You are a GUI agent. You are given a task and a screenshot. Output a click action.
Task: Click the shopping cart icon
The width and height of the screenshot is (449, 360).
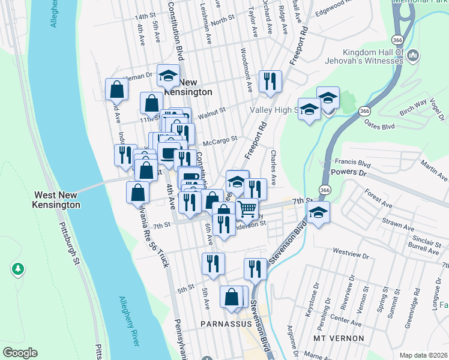coord(247,209)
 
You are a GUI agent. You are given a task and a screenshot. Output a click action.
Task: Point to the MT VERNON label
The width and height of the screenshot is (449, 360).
coord(339,338)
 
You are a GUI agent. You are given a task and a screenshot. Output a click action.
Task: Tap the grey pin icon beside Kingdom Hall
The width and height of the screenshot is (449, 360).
coord(413,57)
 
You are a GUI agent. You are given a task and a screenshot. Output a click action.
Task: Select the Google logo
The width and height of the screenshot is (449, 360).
coord(20,353)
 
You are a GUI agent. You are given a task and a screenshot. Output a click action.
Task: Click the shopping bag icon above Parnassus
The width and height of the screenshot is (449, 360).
coord(232,297)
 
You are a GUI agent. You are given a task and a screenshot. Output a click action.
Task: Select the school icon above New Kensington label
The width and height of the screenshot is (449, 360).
coord(168,76)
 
